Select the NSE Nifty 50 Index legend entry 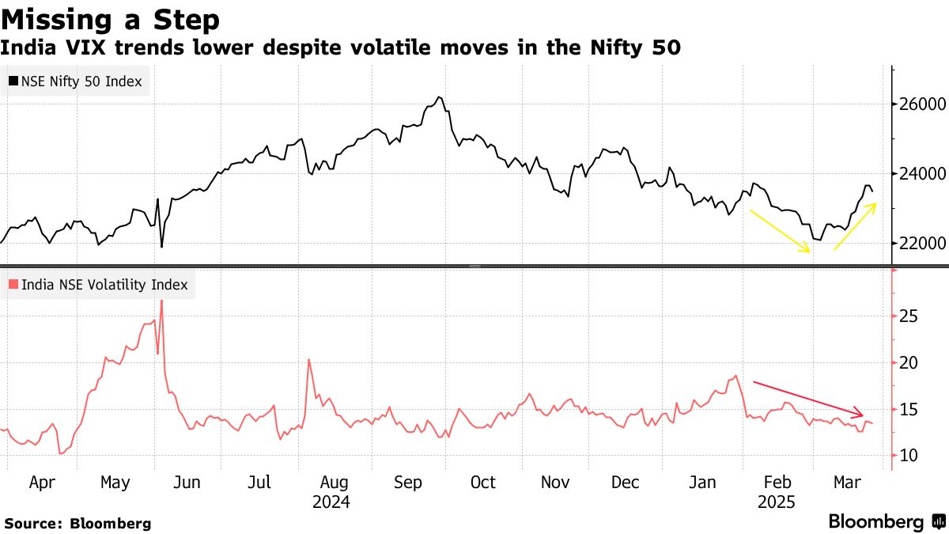click(x=76, y=81)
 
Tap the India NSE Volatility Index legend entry click(x=98, y=285)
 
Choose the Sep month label click(x=408, y=483)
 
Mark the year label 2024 click(x=331, y=502)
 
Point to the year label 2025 click(x=777, y=502)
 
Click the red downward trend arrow click(x=807, y=398)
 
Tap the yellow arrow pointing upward click(x=855, y=226)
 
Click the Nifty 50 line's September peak click(x=439, y=97)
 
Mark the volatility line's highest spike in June click(x=161, y=301)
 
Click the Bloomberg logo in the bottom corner click(x=887, y=522)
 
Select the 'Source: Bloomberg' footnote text click(x=78, y=523)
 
